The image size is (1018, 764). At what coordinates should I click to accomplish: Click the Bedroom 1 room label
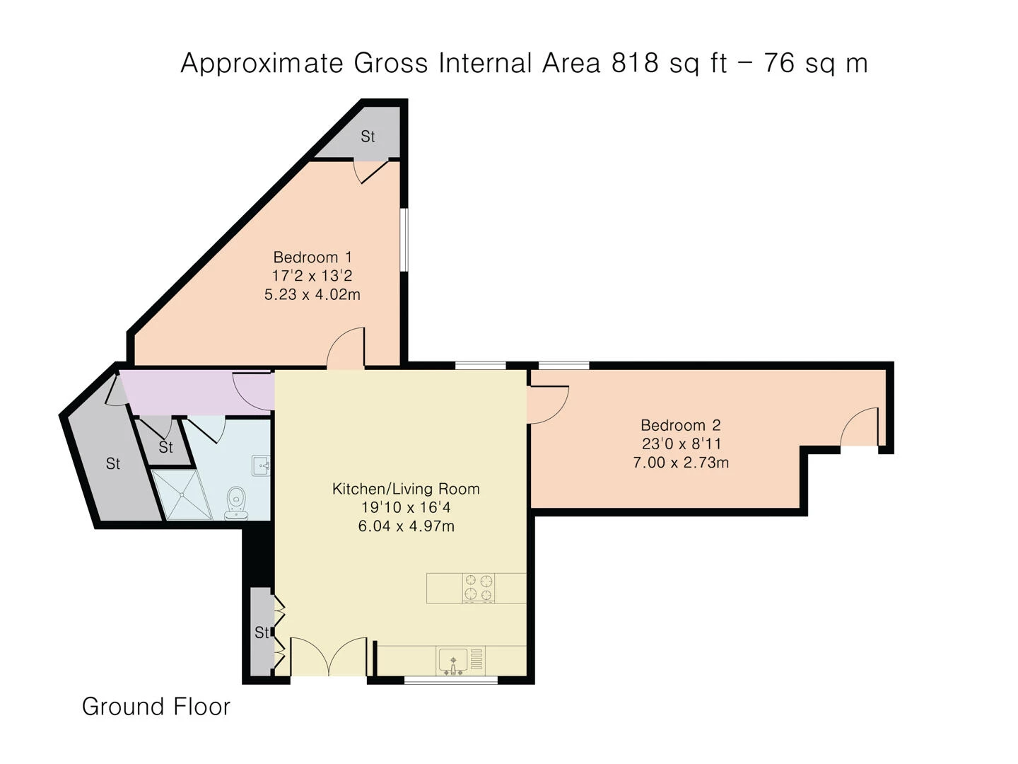tap(312, 257)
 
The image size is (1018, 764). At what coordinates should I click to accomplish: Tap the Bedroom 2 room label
tap(680, 425)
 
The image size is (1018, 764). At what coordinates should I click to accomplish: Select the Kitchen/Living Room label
tap(406, 489)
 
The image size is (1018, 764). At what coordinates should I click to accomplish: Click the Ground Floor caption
tap(156, 706)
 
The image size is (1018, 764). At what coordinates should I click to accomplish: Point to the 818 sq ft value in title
tap(669, 63)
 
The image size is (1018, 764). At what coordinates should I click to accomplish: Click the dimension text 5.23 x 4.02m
tap(312, 294)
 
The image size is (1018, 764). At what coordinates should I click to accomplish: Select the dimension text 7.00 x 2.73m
tap(680, 463)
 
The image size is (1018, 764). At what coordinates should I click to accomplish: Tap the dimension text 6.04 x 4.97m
tap(406, 526)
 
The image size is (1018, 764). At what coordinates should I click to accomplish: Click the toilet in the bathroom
tap(236, 502)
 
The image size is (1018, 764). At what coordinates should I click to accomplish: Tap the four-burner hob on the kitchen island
tap(478, 588)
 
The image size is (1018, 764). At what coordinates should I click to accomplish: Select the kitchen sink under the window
tap(452, 660)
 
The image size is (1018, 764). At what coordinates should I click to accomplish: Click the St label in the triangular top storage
tap(368, 137)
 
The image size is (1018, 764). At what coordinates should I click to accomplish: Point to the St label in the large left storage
tap(113, 464)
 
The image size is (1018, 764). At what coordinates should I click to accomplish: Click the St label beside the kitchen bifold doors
tap(262, 632)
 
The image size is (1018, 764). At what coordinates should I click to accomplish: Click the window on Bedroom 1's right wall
tap(404, 239)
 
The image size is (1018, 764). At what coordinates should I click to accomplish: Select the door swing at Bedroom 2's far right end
tap(860, 429)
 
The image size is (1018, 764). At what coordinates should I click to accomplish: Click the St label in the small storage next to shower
tap(165, 447)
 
